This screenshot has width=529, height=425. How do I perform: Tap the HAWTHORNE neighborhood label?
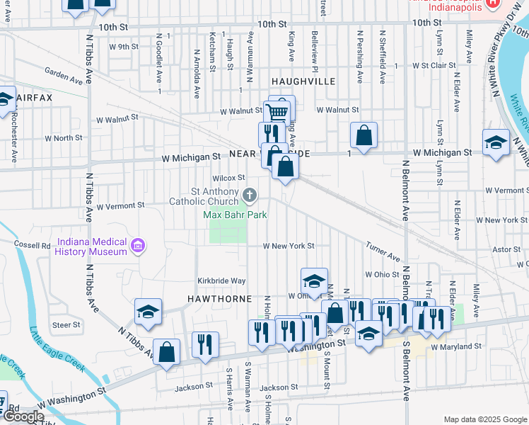click(x=219, y=299)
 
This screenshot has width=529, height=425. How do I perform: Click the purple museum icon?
click(x=139, y=246)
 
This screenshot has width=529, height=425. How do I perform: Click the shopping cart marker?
click(x=277, y=111)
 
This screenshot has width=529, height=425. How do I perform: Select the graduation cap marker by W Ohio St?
click(x=314, y=279)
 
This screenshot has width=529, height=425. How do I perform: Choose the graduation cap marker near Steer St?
click(x=148, y=311)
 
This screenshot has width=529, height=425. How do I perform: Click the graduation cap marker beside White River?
click(x=496, y=141)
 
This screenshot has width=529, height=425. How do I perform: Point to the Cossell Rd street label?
click(x=32, y=244)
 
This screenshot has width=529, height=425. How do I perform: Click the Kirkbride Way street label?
click(x=221, y=281)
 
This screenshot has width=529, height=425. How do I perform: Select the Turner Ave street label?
click(x=383, y=252)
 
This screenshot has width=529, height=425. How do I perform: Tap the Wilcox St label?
click(x=230, y=178)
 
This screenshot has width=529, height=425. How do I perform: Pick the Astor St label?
click(x=506, y=249)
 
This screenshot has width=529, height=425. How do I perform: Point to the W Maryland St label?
click(x=455, y=347)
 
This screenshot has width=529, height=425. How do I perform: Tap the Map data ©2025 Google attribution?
click(x=485, y=419)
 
